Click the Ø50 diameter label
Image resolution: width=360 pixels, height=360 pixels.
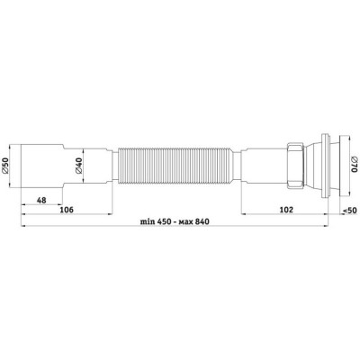[x=5, y=166]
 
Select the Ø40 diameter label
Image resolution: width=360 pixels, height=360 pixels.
[x=78, y=165]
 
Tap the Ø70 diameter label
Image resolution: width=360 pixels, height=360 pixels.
[x=354, y=165]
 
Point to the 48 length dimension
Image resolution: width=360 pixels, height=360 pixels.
[x=41, y=200]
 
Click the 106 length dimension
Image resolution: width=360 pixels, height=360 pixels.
[x=67, y=210]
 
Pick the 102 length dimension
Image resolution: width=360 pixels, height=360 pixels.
[x=286, y=210]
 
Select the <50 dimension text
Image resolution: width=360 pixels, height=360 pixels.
[x=349, y=211]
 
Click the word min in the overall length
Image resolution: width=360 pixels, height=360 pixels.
[x=147, y=221]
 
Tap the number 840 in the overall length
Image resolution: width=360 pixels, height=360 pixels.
[x=202, y=221]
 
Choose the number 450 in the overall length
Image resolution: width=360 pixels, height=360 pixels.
[x=162, y=221]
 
